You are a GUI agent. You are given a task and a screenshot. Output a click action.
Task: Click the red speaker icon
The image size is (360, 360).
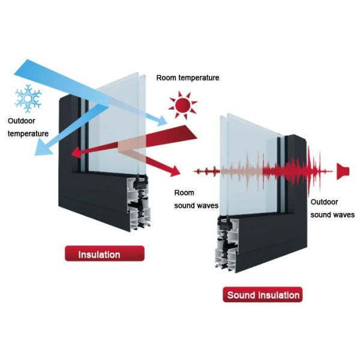[x=343, y=171]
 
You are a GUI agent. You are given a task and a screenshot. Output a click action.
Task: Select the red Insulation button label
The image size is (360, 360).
[x=99, y=254]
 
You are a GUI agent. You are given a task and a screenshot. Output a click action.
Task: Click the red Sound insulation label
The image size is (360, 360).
[x=263, y=295]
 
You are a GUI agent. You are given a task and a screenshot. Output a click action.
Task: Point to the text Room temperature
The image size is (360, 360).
[x=187, y=77]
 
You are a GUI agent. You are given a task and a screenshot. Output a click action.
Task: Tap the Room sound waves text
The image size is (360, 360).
[x=196, y=199]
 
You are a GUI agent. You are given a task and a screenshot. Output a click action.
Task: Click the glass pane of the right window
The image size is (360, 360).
[x=246, y=162]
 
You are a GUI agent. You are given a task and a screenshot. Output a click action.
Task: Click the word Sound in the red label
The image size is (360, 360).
[x=239, y=295]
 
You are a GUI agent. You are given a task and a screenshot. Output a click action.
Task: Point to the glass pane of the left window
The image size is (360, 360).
[x=117, y=120]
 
